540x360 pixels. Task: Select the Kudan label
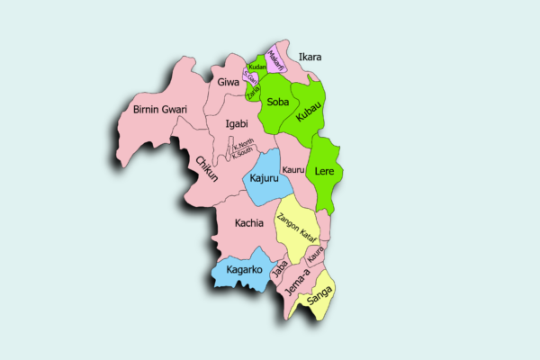pyautogui.click(x=257, y=67)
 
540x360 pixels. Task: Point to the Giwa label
pyautogui.click(x=229, y=82)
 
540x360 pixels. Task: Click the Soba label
pyautogui.click(x=278, y=103)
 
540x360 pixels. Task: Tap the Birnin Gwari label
pyautogui.click(x=159, y=110)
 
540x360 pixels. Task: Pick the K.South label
pyautogui.click(x=243, y=154)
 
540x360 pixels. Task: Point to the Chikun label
pyautogui.click(x=206, y=169)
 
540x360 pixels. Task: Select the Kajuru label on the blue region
pyautogui.click(x=264, y=180)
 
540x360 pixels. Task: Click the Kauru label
pyautogui.click(x=292, y=169)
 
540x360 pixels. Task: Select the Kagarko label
pyautogui.click(x=243, y=269)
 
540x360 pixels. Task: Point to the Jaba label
pyautogui.click(x=280, y=267)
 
